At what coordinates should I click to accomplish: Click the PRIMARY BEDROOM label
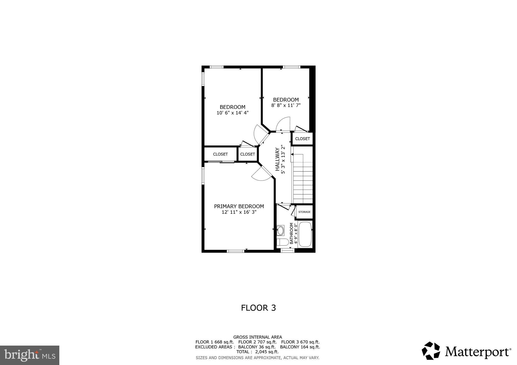239,206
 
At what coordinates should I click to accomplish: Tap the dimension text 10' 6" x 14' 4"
232,113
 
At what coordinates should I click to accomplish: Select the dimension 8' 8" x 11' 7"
286,105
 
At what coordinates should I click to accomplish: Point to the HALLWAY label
277,159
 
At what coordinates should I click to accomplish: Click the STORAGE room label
304,212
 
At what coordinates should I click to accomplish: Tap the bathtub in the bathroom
305,234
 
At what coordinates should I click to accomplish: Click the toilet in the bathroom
282,242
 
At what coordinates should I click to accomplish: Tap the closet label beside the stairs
302,139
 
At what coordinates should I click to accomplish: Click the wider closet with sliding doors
220,154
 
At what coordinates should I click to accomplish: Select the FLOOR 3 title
258,308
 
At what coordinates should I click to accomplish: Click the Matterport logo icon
431,351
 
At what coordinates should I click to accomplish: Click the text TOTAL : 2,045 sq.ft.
257,352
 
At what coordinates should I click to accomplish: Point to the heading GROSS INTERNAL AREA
257,337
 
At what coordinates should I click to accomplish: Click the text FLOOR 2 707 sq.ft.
257,342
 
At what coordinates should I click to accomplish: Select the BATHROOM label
291,233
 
